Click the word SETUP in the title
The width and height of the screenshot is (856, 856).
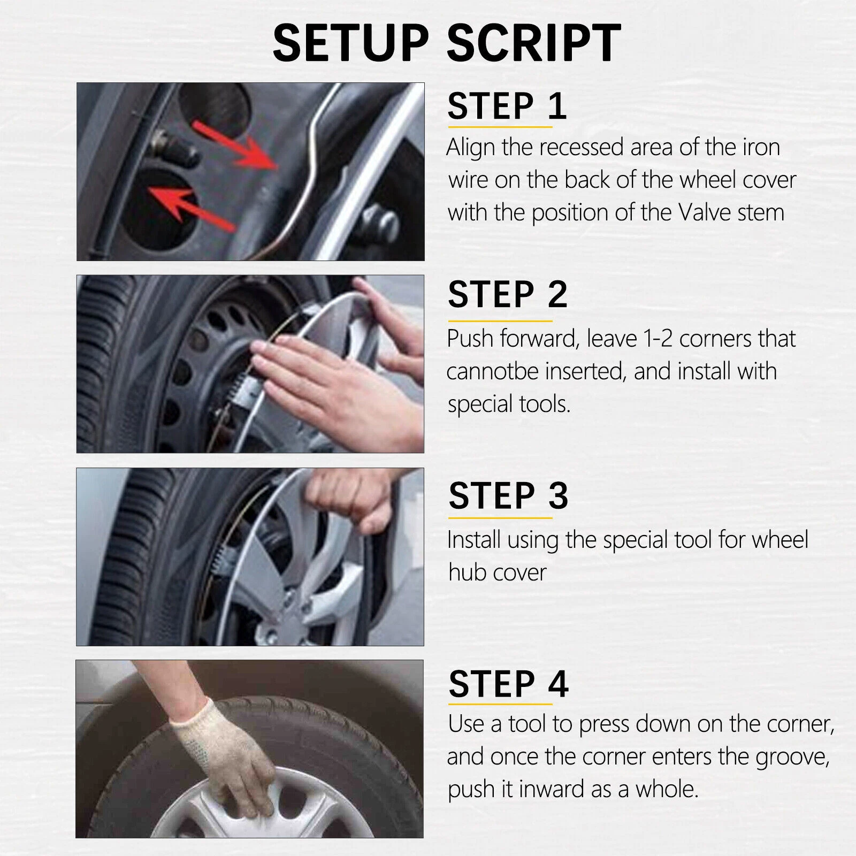point(351,43)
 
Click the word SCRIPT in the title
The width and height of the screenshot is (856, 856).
point(533,43)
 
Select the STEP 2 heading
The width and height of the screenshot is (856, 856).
point(507,294)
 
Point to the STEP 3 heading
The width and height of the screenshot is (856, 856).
point(508,495)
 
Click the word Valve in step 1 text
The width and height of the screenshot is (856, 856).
point(705,212)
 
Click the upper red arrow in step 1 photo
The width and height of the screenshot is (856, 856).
point(235,144)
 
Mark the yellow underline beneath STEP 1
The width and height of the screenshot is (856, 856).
point(500,127)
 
